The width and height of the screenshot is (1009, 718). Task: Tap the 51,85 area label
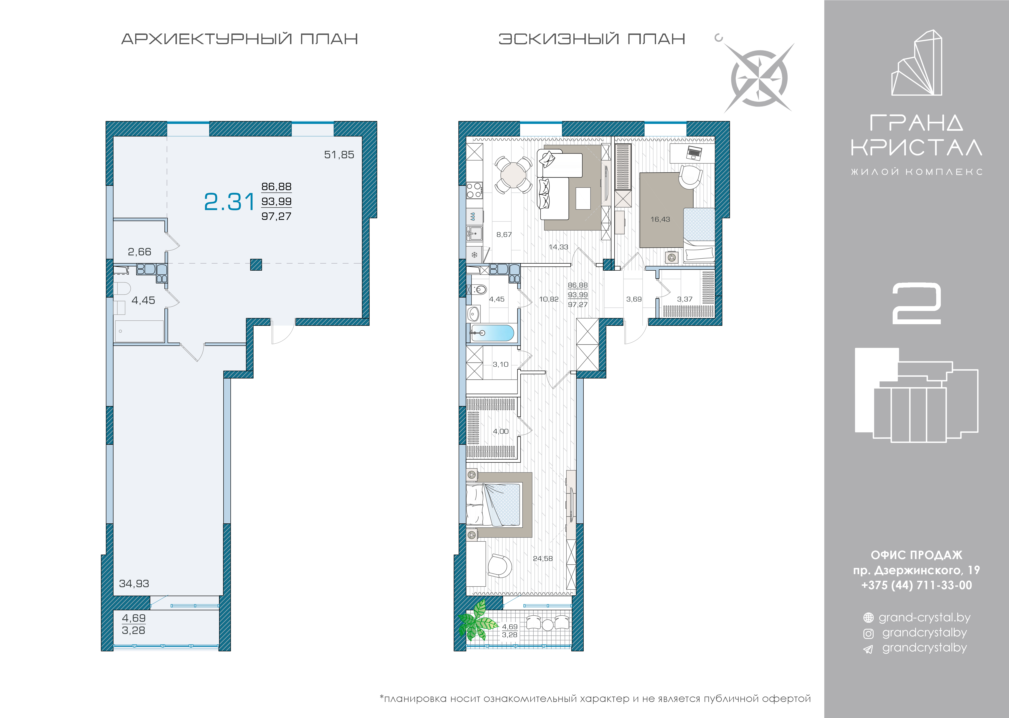pyautogui.click(x=339, y=155)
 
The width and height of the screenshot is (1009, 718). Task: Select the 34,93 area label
pyautogui.click(x=134, y=584)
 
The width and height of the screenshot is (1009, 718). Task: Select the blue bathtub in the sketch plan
pyautogui.click(x=492, y=333)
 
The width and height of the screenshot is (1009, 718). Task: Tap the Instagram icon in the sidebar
pyautogui.click(x=868, y=634)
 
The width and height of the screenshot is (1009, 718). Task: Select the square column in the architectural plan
pyautogui.click(x=256, y=264)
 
